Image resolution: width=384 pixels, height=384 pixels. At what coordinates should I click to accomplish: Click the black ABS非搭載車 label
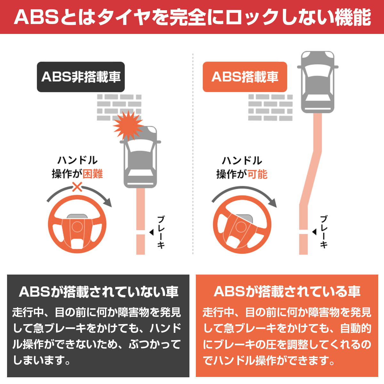click(x=81, y=77)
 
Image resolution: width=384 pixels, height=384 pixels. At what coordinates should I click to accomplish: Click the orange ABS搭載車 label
click(x=245, y=77)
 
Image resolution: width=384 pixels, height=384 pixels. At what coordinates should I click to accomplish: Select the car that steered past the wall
click(x=317, y=82)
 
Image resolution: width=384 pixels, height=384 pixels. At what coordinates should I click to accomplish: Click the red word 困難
click(x=93, y=174)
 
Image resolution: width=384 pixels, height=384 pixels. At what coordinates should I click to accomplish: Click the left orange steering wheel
click(x=77, y=224)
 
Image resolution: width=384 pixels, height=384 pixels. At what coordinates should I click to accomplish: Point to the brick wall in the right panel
click(x=270, y=107)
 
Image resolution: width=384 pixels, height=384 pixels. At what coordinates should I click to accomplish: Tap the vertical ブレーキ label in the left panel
click(x=161, y=232)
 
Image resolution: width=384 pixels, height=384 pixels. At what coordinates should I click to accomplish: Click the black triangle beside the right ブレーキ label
click(x=314, y=232)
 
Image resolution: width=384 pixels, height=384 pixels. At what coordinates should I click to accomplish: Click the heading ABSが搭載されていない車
click(x=99, y=292)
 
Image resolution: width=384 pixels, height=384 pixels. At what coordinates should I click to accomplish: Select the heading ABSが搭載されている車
click(x=287, y=292)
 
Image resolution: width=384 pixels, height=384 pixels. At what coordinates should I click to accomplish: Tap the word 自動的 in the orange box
click(x=356, y=328)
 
